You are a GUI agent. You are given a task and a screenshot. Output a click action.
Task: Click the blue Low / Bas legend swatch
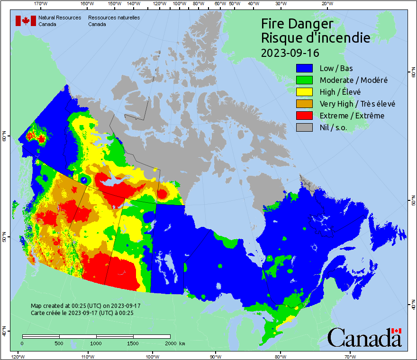tap(305, 68)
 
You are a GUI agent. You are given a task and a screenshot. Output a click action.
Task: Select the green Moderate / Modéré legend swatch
tap(305, 80)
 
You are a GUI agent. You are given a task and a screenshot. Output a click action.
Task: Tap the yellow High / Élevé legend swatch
tap(305, 92)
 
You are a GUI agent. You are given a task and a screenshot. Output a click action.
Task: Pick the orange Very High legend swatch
tap(305, 104)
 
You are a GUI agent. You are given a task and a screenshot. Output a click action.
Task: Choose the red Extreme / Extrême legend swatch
tap(305, 116)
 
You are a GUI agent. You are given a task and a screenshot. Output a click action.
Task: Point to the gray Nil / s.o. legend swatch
tap(305, 127)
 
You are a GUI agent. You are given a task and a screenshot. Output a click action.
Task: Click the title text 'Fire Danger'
tap(297, 24)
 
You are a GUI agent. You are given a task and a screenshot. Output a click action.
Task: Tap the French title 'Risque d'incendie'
tap(316, 38)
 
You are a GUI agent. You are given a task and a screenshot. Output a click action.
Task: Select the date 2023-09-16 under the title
tap(290, 52)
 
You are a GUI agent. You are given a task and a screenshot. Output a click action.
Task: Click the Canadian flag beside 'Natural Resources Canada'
tap(26, 21)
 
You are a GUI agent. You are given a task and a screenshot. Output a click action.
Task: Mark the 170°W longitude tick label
tap(41, 4)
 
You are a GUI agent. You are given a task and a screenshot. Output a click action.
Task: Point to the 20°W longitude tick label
tap(326, 4)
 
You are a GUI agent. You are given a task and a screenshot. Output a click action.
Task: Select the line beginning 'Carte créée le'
tap(82, 313)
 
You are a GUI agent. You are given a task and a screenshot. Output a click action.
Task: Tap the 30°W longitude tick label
tap(281, 4)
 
